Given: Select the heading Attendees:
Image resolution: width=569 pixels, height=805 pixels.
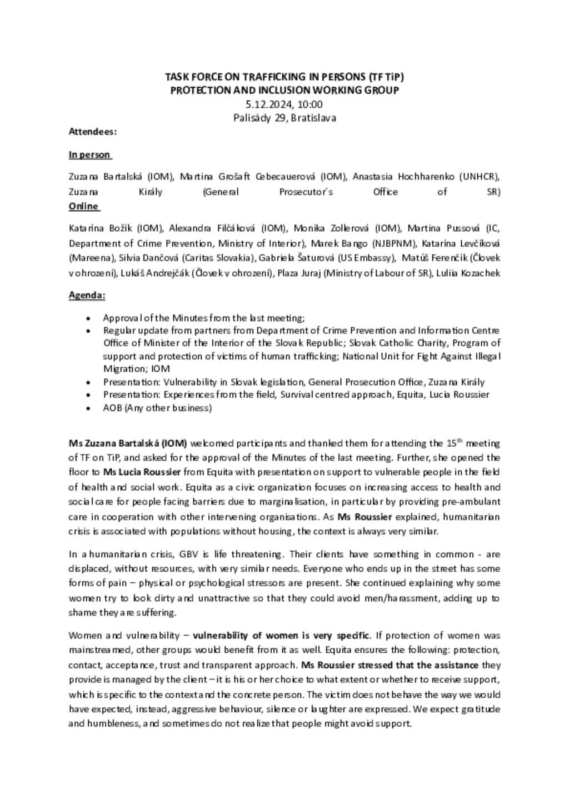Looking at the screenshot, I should point(92,132).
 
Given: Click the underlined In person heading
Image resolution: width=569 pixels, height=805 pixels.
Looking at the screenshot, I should point(89,155).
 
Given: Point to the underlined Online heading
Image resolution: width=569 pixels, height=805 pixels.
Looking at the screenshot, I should point(83,206).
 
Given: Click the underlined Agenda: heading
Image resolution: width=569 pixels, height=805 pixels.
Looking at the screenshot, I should point(87,295).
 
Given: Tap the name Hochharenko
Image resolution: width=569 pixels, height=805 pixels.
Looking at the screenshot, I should point(427,177).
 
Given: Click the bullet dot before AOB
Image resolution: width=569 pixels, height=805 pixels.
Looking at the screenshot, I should point(88,408).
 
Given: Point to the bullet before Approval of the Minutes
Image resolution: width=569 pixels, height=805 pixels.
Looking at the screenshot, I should point(88,318).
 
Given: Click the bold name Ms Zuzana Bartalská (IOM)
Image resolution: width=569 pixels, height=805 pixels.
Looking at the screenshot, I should point(128,443).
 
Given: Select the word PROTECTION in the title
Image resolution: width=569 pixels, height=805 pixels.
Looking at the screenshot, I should point(198,90).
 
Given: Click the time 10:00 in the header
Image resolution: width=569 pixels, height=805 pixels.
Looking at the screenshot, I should point(310,104).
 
